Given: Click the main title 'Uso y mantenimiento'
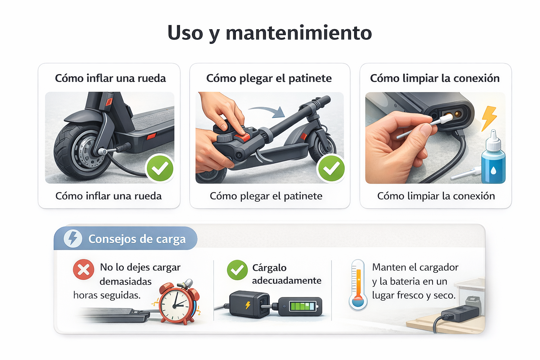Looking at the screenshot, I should (270, 33).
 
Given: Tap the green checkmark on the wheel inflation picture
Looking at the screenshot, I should (160, 168).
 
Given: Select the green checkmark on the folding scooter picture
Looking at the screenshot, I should (331, 168).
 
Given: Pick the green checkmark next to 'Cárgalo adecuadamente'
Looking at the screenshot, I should (237, 270).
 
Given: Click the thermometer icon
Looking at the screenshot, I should (358, 285).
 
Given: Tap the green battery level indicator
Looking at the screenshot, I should (302, 306).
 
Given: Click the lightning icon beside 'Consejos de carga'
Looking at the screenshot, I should (73, 239).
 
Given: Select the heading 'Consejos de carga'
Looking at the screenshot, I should (137, 239).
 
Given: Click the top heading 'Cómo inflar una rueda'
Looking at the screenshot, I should (110, 78).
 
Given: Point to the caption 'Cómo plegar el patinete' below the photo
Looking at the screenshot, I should (266, 196).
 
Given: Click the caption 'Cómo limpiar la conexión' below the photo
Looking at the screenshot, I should (436, 196).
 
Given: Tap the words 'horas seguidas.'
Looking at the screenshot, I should (107, 295).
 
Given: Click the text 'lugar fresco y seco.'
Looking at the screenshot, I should (414, 295).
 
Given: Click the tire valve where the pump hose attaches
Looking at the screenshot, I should (103, 152).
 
